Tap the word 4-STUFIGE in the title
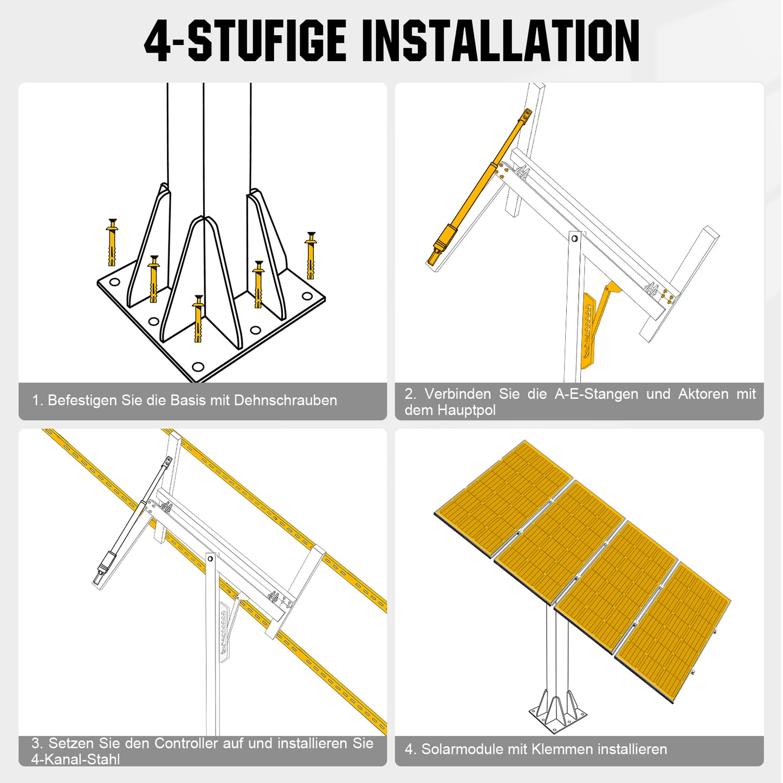(245, 41)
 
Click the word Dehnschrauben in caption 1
(286, 400)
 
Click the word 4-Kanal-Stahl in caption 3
(75, 760)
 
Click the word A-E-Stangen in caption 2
(597, 394)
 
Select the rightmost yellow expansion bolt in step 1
(311, 255)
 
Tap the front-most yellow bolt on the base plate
(198, 319)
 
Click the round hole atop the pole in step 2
(574, 238)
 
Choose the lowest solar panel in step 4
(673, 634)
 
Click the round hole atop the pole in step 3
(210, 559)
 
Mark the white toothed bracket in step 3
(225, 633)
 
